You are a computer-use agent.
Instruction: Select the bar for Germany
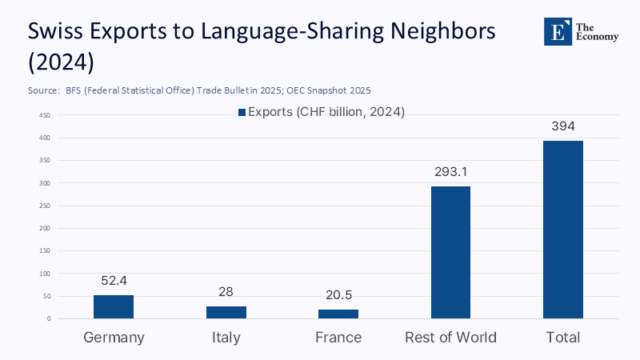[x=114, y=306]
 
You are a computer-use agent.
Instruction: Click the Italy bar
[x=226, y=312]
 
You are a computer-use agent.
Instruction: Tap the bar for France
[x=338, y=314]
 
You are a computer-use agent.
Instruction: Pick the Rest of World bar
[x=451, y=252]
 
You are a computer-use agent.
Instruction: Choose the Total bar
[x=563, y=230]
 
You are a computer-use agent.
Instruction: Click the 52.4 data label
[x=114, y=281]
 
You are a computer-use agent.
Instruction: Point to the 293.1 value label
[x=451, y=171]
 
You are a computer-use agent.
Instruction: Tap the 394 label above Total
[x=563, y=126]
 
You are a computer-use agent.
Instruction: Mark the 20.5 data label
[x=338, y=295]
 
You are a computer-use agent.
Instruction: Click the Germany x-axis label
[x=114, y=337]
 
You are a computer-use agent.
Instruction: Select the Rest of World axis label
[x=451, y=337]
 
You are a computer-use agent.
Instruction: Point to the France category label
[x=338, y=337]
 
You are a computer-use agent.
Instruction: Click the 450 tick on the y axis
[x=45, y=115]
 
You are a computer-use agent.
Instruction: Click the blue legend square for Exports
[x=242, y=113]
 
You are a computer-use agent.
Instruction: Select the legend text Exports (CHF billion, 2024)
[x=326, y=112]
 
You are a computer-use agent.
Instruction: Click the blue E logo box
[x=558, y=30]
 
